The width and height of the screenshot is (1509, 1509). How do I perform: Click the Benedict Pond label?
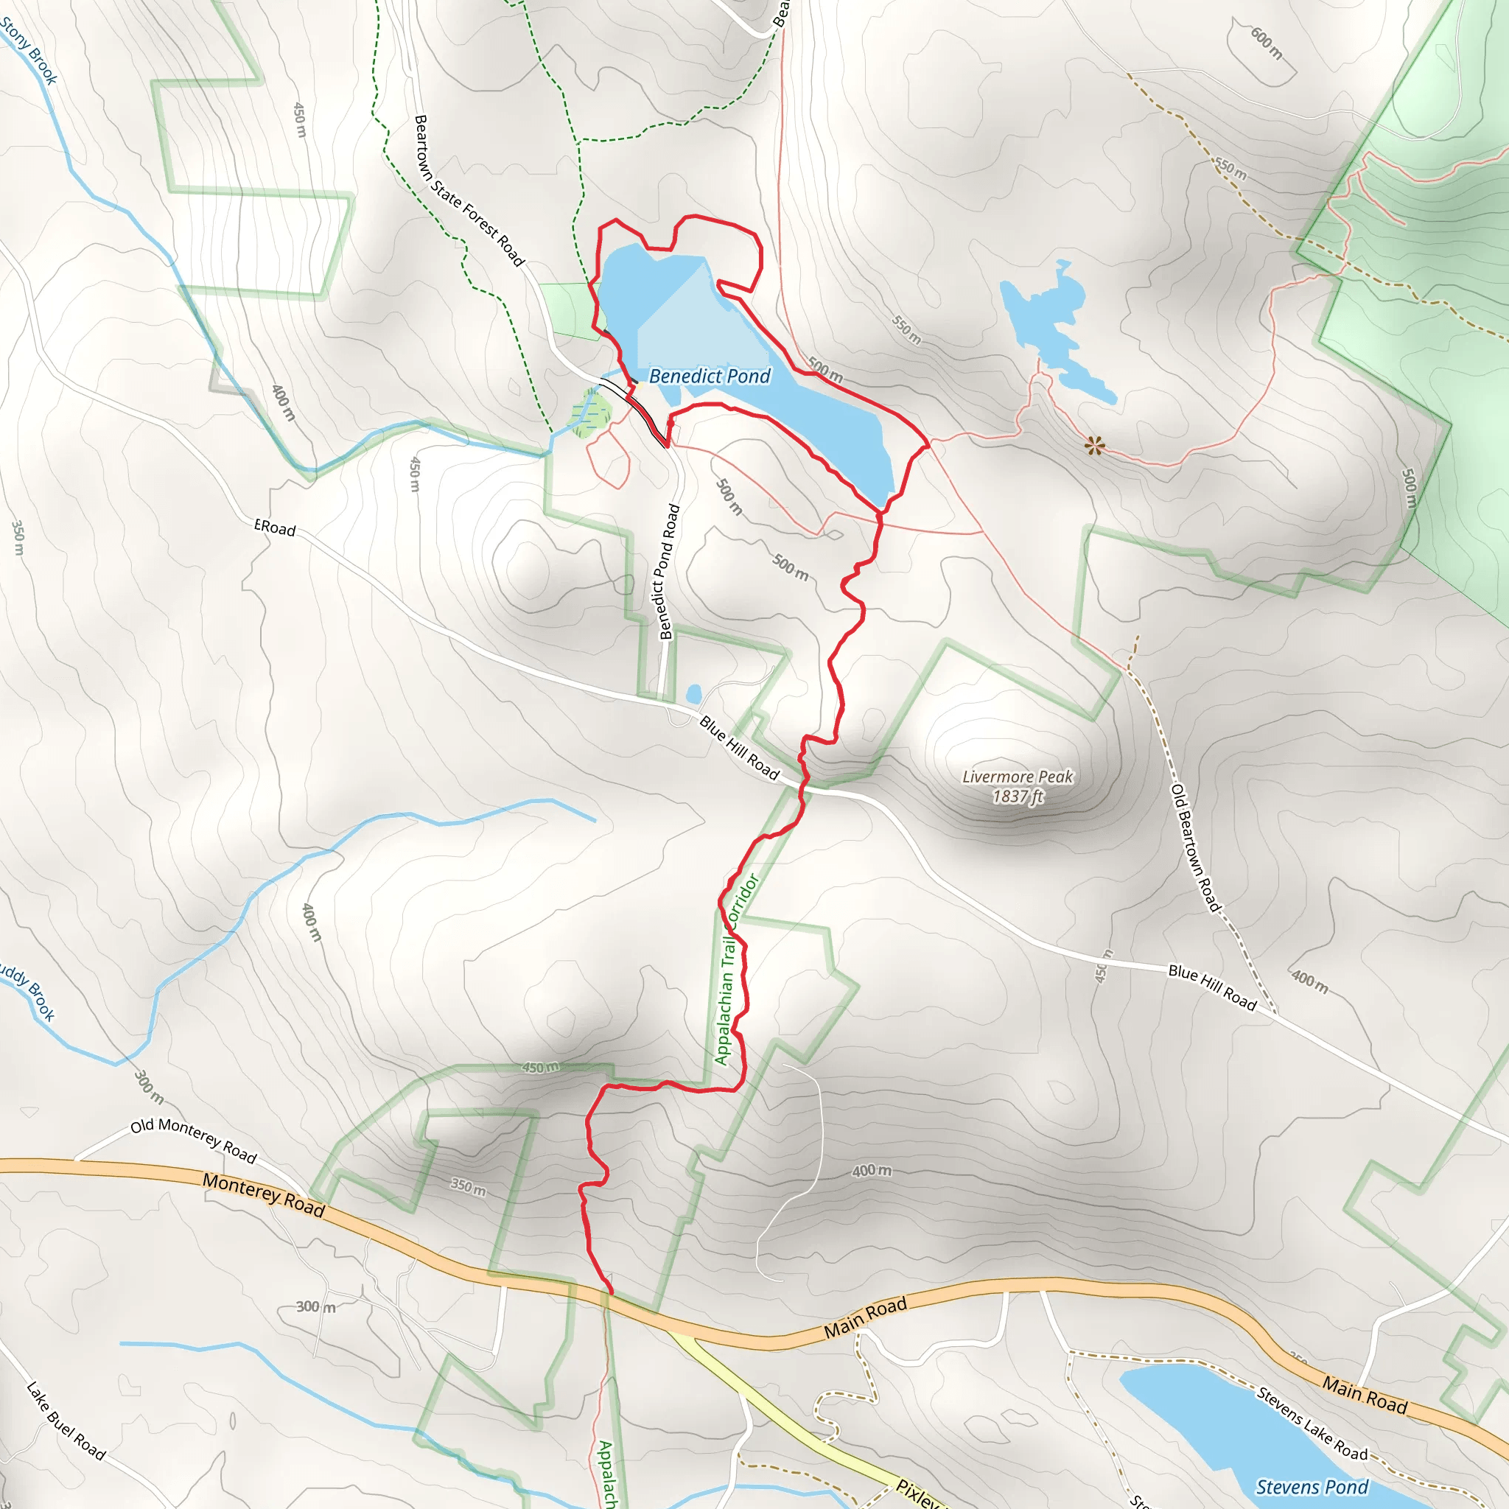(x=710, y=377)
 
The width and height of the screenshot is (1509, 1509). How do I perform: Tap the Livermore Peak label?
(x=1017, y=777)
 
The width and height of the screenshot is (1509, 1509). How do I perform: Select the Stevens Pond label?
(x=1312, y=1486)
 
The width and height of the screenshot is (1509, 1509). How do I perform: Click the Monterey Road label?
(x=263, y=1194)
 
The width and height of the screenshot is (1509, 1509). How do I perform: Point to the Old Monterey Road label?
(x=193, y=1140)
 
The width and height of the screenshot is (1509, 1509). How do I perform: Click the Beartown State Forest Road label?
(x=468, y=191)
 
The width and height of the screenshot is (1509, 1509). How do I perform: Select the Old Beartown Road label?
(x=1194, y=848)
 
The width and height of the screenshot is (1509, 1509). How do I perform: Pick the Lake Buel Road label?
(x=66, y=1421)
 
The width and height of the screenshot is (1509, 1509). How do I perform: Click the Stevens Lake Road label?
(x=1312, y=1424)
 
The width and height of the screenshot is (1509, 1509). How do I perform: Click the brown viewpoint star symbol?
(x=1095, y=446)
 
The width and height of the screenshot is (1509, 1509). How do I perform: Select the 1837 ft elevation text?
(x=1018, y=796)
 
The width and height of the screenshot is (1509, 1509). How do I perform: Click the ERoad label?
(x=275, y=528)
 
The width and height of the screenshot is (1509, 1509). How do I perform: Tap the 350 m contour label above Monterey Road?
(x=468, y=1187)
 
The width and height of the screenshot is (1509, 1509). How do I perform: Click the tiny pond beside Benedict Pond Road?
(x=693, y=693)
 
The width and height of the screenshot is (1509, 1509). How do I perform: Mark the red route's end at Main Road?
(x=611, y=1292)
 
